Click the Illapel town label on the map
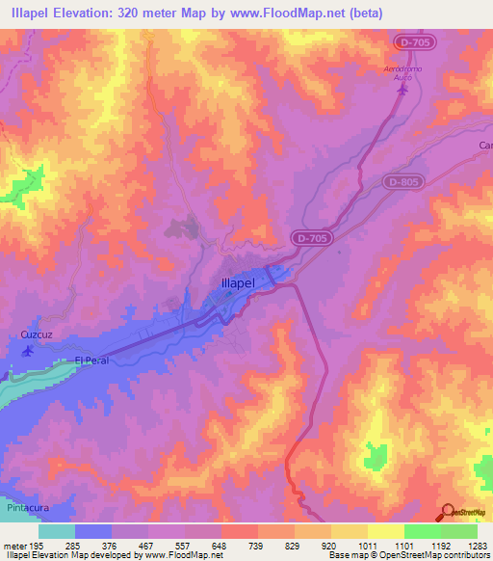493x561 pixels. click(x=232, y=284)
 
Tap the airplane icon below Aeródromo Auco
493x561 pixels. click(x=402, y=91)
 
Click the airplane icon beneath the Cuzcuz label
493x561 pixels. click(x=27, y=351)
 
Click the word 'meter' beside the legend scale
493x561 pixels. click(x=15, y=546)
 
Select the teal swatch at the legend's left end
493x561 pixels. click(x=57, y=531)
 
